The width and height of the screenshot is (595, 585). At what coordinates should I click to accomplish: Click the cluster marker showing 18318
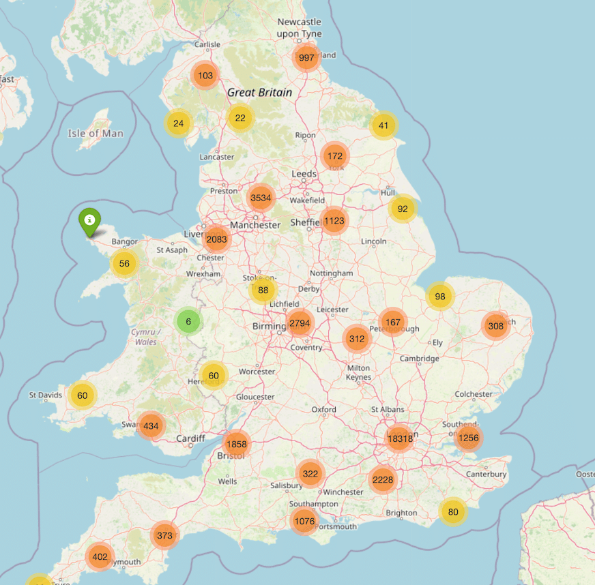tap(400, 438)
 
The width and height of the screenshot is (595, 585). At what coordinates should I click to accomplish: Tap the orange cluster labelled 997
tap(307, 58)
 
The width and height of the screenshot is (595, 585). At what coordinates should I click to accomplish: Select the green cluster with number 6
tap(188, 321)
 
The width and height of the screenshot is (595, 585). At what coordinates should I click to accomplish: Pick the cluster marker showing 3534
tap(261, 198)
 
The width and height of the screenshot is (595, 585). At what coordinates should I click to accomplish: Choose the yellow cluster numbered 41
tap(383, 125)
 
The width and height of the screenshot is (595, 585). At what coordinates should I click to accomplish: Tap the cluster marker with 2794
tap(300, 323)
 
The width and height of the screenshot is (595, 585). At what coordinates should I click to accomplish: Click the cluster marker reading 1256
tap(469, 438)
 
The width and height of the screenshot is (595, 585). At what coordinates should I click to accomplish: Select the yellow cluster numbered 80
tap(452, 511)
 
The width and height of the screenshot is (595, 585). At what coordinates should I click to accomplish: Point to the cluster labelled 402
tap(100, 556)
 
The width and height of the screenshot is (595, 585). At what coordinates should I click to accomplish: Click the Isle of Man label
tap(96, 133)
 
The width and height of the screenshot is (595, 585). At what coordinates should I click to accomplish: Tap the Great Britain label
tap(259, 93)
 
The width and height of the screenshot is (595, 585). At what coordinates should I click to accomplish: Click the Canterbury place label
tap(486, 474)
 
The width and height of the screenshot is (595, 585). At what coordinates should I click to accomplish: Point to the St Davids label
tap(46, 395)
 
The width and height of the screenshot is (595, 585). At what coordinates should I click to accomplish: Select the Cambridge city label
tap(419, 359)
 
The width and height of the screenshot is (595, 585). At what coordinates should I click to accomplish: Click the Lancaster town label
tap(216, 157)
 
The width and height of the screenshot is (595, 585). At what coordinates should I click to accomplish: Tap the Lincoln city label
tap(374, 241)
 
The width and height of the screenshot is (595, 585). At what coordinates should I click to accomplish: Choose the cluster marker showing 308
tap(496, 326)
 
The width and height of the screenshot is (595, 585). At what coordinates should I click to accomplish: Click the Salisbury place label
tap(286, 485)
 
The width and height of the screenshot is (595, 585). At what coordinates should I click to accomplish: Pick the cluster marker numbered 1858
tap(235, 443)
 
